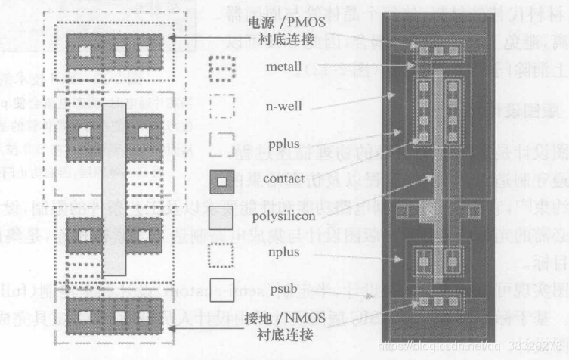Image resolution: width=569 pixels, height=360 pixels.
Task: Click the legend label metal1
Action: point(284,67)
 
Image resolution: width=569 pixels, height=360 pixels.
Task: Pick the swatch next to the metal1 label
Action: point(222,70)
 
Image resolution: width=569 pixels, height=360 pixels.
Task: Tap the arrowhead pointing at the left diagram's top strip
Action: point(173,36)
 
